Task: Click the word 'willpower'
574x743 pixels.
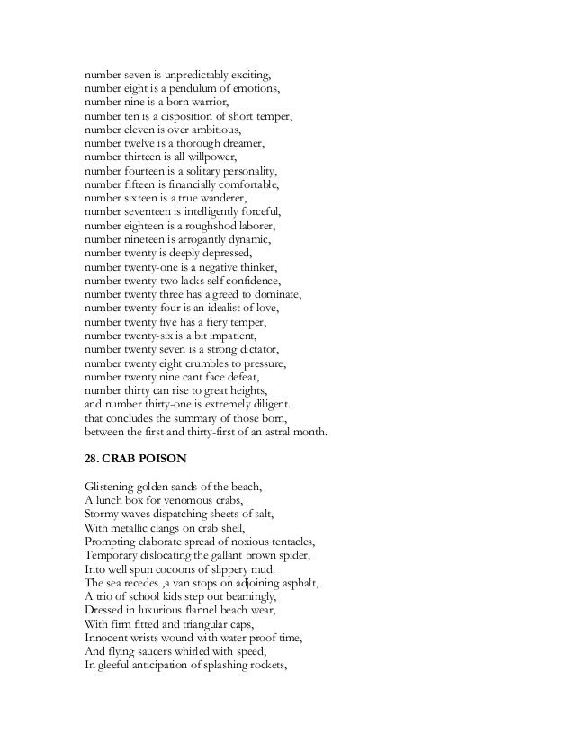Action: tap(213, 159)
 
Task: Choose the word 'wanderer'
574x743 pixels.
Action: tap(220, 201)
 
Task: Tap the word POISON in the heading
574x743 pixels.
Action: tap(162, 459)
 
